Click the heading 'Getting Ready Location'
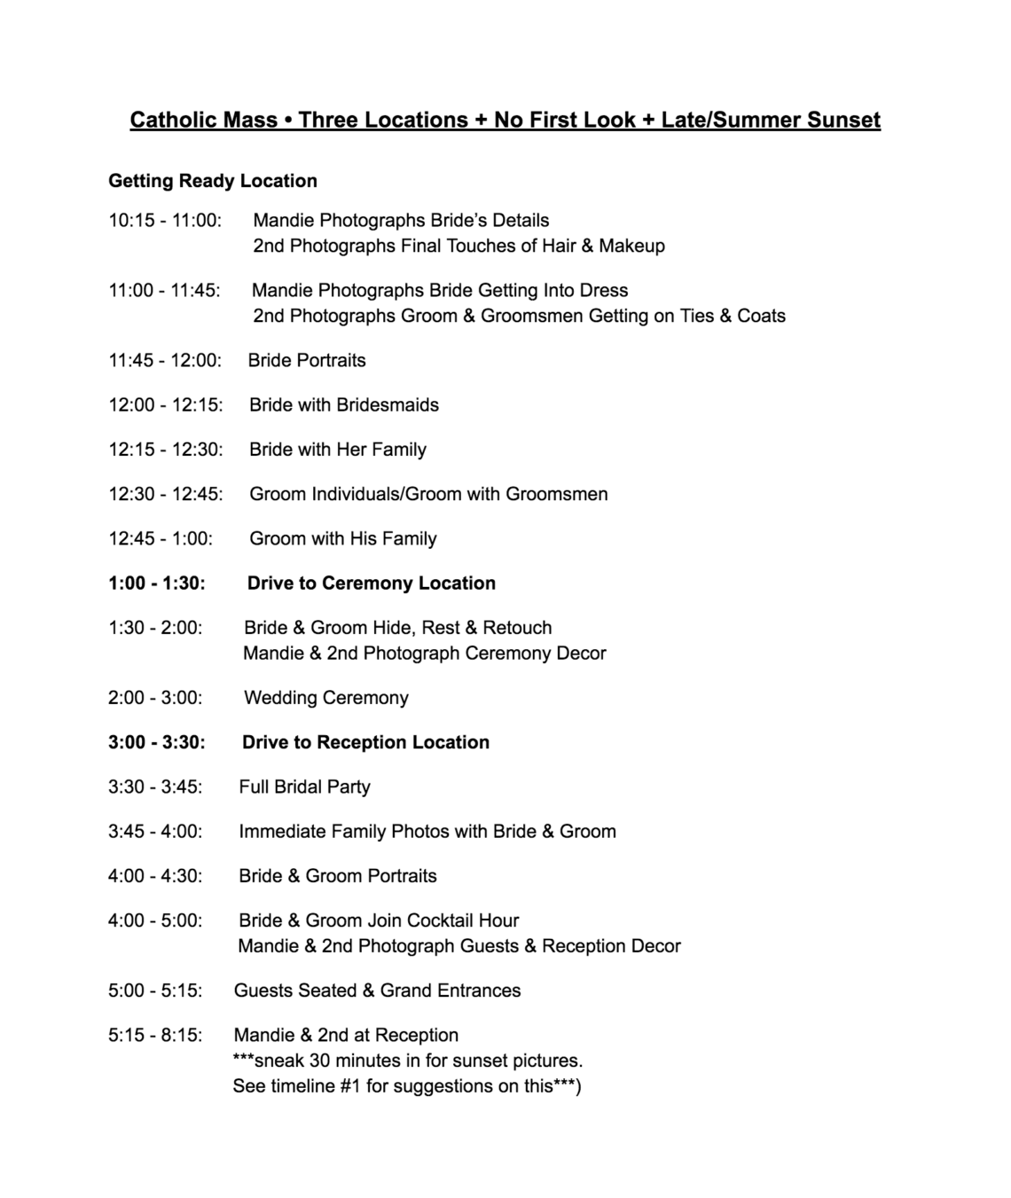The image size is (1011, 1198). (213, 181)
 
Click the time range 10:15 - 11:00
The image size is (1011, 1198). (165, 221)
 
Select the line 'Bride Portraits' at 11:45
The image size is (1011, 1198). (307, 361)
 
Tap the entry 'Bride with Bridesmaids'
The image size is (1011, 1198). (344, 405)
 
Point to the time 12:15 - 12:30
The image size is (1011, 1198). (166, 450)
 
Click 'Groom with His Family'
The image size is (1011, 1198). (343, 539)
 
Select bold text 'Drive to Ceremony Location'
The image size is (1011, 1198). (372, 583)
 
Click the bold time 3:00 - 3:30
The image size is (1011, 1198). (157, 743)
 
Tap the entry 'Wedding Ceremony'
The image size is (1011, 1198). (326, 699)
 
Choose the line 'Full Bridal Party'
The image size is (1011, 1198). (304, 787)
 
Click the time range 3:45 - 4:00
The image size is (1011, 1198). (155, 832)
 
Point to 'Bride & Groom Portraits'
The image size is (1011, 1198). (338, 876)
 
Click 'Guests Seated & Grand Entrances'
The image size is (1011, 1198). (377, 991)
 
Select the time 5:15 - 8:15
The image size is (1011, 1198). (155, 1036)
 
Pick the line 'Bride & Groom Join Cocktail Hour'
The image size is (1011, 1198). (379, 920)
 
